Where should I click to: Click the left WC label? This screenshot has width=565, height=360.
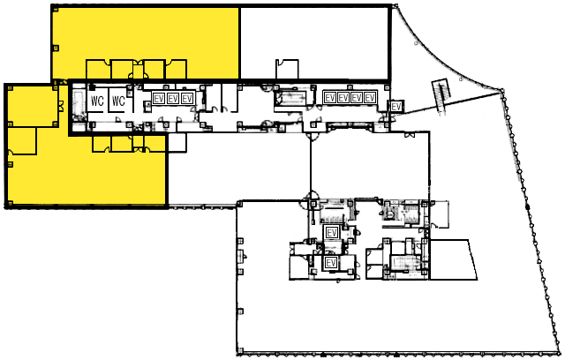(97, 101)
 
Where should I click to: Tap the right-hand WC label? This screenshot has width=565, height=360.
(118, 101)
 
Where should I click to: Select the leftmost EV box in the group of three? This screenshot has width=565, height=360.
(159, 98)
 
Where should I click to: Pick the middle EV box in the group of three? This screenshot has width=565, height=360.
(173, 98)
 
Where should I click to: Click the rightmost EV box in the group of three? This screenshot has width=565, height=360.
(187, 98)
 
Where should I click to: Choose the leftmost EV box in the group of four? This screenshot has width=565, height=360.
(330, 98)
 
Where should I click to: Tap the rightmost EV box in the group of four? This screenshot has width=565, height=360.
(370, 98)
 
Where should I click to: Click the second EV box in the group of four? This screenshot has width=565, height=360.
(343, 98)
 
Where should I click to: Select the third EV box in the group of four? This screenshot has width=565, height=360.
(357, 98)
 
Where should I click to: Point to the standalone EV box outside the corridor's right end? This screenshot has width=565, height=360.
(396, 107)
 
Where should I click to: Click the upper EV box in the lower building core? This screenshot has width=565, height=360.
(332, 233)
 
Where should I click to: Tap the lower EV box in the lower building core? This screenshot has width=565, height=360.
(331, 263)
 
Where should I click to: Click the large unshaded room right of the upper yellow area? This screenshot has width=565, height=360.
(315, 42)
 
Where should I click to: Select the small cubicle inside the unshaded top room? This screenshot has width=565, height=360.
(287, 69)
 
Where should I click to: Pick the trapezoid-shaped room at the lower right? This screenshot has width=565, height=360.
(453, 259)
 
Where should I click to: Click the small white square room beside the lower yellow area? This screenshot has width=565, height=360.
(177, 142)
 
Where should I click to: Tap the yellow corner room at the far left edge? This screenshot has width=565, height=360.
(33, 106)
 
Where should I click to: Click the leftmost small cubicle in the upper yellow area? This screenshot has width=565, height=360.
(98, 69)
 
